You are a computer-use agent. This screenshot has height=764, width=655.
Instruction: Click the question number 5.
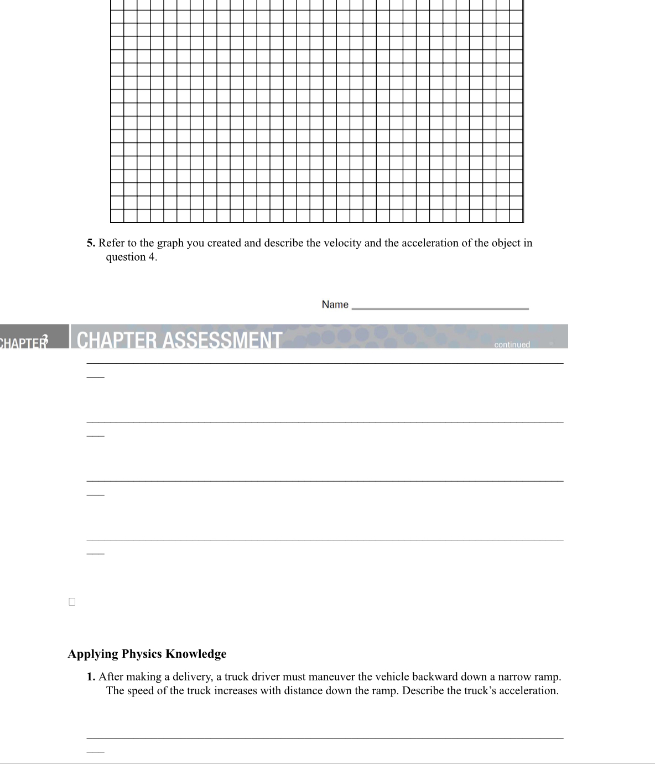coord(91,243)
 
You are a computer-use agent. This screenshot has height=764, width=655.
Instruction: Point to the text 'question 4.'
coord(131,257)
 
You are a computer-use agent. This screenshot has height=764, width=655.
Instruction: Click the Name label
coord(335,304)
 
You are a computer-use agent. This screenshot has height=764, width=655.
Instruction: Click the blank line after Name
coord(440,308)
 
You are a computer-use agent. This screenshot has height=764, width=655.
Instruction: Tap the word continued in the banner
coord(512,344)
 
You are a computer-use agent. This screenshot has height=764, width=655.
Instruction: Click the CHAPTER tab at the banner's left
coord(25,342)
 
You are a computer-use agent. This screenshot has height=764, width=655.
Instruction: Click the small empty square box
coord(72,602)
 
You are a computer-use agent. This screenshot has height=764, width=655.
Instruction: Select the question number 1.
coord(91,677)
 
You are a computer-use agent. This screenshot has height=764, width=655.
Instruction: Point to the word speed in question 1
coord(141,691)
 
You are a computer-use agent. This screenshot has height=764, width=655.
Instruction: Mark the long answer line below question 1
coord(325,737)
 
